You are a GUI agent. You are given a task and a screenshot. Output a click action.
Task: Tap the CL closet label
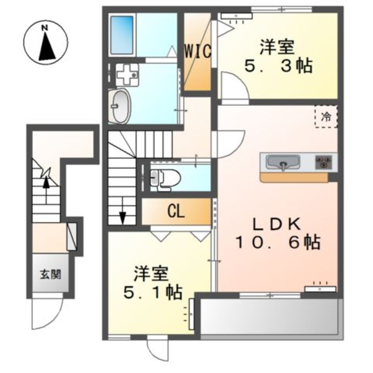[176, 211]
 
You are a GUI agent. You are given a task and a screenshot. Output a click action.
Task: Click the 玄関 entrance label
[50, 275]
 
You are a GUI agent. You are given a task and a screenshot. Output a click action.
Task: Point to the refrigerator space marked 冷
[326, 117]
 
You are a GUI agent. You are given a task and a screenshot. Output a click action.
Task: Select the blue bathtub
[122, 35]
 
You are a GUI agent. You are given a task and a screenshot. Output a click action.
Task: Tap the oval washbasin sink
[119, 106]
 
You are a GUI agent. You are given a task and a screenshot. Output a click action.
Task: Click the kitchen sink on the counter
[283, 162]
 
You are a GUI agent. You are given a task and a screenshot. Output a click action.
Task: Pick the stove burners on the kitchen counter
[323, 162]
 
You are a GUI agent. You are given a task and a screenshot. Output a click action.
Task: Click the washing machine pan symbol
[127, 75]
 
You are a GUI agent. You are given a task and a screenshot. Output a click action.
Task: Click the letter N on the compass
[44, 28]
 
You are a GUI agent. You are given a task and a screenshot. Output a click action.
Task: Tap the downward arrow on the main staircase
[123, 210]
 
